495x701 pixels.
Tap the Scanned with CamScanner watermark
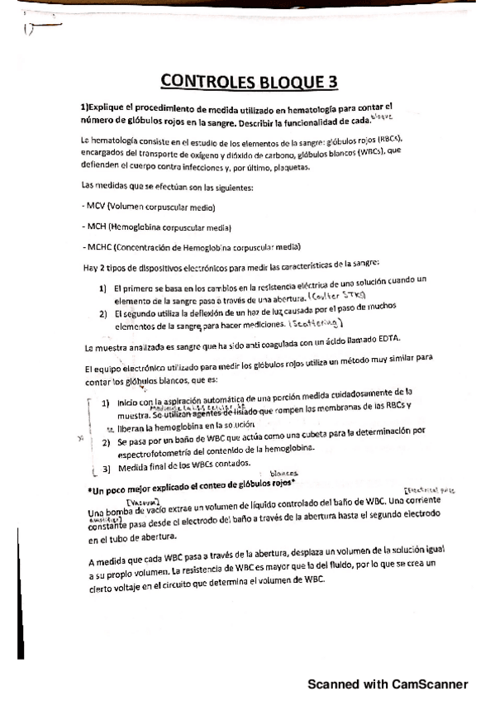(x=388, y=684)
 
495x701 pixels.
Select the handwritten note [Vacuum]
(x=141, y=502)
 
